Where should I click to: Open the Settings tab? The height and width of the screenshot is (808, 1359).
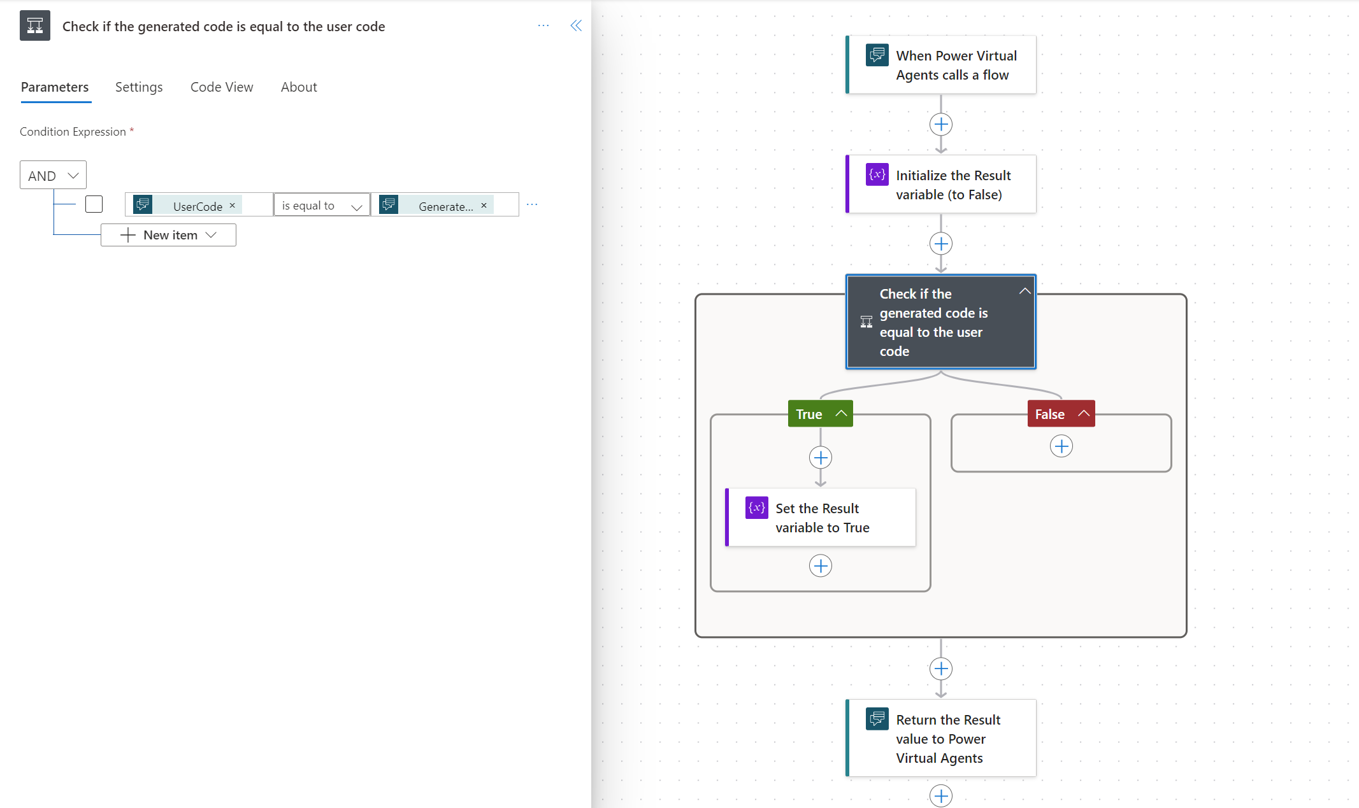pyautogui.click(x=139, y=87)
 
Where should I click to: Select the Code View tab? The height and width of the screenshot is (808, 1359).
pyautogui.click(x=222, y=87)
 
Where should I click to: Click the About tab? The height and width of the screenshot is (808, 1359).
pyautogui.click(x=299, y=87)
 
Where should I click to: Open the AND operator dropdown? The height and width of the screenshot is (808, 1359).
pyautogui.click(x=53, y=175)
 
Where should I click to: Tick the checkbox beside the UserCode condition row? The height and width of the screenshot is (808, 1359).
pyautogui.click(x=94, y=204)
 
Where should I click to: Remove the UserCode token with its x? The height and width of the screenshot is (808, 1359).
pyautogui.click(x=233, y=205)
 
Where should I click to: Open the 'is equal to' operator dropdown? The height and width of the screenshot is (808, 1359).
pyautogui.click(x=322, y=205)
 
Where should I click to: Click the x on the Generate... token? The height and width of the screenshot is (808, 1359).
pyautogui.click(x=484, y=205)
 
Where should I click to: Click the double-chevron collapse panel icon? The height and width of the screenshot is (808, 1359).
pyautogui.click(x=576, y=25)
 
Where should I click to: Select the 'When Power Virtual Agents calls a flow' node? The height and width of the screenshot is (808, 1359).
pyautogui.click(x=941, y=65)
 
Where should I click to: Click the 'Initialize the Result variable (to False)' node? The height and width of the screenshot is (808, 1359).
pyautogui.click(x=941, y=185)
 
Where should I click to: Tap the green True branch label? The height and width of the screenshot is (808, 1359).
pyautogui.click(x=821, y=414)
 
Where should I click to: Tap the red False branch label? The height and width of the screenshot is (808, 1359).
pyautogui.click(x=1061, y=414)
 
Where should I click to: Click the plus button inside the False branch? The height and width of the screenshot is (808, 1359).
pyautogui.click(x=1061, y=446)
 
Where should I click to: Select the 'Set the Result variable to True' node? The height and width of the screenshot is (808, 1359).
pyautogui.click(x=821, y=518)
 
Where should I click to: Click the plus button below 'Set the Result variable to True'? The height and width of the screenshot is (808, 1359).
pyautogui.click(x=821, y=565)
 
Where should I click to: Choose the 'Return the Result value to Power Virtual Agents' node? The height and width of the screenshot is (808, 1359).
pyautogui.click(x=941, y=739)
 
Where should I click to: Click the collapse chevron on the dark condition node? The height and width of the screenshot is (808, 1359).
pyautogui.click(x=1025, y=291)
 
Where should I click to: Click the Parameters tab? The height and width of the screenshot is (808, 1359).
pyautogui.click(x=55, y=87)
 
